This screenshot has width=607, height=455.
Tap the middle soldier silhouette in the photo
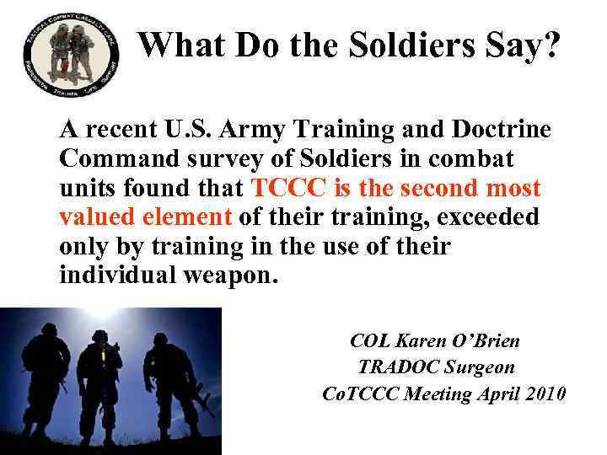(99, 379)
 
